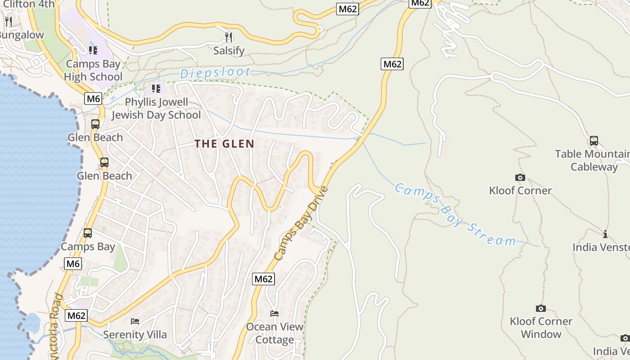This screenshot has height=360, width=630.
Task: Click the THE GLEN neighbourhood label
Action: [x=225, y=144]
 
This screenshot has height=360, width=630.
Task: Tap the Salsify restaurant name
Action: [x=229, y=51]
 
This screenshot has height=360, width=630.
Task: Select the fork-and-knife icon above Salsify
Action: [x=229, y=37]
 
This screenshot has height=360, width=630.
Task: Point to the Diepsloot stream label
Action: [x=216, y=72]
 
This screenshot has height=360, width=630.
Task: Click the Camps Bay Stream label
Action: [x=455, y=215]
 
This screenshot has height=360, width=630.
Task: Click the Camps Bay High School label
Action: [x=93, y=70]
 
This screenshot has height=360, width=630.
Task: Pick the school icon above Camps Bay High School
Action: [x=93, y=50]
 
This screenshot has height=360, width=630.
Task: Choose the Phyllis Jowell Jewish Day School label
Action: [x=156, y=108]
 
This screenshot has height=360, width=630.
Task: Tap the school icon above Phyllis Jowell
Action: [x=156, y=88]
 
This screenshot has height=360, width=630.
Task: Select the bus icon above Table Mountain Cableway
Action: [x=594, y=141]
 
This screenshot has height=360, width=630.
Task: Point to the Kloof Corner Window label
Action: [x=541, y=328]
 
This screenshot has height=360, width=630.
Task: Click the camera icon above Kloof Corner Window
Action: [x=541, y=308]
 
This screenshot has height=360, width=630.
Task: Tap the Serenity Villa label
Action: [x=135, y=335]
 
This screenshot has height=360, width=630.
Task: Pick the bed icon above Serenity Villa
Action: [x=135, y=321]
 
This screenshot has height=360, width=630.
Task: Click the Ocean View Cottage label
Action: [x=274, y=333]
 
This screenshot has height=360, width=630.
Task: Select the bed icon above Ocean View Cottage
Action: [x=274, y=313]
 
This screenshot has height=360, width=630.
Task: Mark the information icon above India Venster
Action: [x=605, y=234]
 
